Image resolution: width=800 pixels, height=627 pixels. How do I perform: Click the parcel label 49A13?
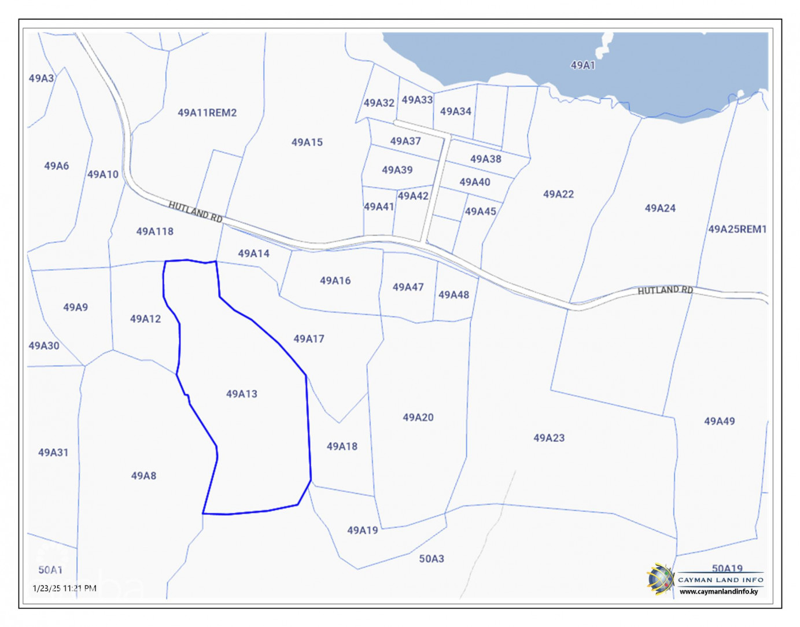pos(242,394)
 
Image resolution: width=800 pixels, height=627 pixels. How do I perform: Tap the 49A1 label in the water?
pos(583,65)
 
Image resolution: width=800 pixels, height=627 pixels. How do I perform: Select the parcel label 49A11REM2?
pos(207,113)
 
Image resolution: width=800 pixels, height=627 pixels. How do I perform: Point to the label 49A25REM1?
pos(737,229)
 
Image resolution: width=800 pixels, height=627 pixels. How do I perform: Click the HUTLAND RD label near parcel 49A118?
pos(196,212)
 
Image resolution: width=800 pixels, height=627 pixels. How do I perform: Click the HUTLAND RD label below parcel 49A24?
pos(665,290)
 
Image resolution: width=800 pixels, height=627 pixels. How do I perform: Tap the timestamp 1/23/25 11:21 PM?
pos(65,588)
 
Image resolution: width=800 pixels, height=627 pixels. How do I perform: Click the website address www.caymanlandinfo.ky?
pos(718,591)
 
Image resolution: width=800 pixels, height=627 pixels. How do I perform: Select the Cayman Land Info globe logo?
pos(661,579)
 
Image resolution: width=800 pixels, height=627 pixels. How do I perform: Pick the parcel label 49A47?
pos(408,287)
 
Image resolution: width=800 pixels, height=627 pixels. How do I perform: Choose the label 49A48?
pos(454,295)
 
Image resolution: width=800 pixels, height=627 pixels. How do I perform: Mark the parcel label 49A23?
pos(548,438)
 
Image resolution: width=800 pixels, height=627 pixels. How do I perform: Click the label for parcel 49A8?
pos(143,475)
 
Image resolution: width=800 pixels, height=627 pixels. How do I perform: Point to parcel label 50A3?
pos(432,559)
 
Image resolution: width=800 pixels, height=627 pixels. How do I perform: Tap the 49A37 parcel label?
pos(405,141)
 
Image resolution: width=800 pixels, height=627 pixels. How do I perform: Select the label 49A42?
pos(413,196)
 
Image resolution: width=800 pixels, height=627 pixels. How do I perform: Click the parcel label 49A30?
pos(44,346)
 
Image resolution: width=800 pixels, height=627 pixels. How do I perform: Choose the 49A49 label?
pos(719,421)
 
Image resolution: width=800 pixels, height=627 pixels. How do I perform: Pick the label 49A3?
pos(42,78)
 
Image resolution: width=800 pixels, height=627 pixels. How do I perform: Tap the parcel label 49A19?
pos(363,530)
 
